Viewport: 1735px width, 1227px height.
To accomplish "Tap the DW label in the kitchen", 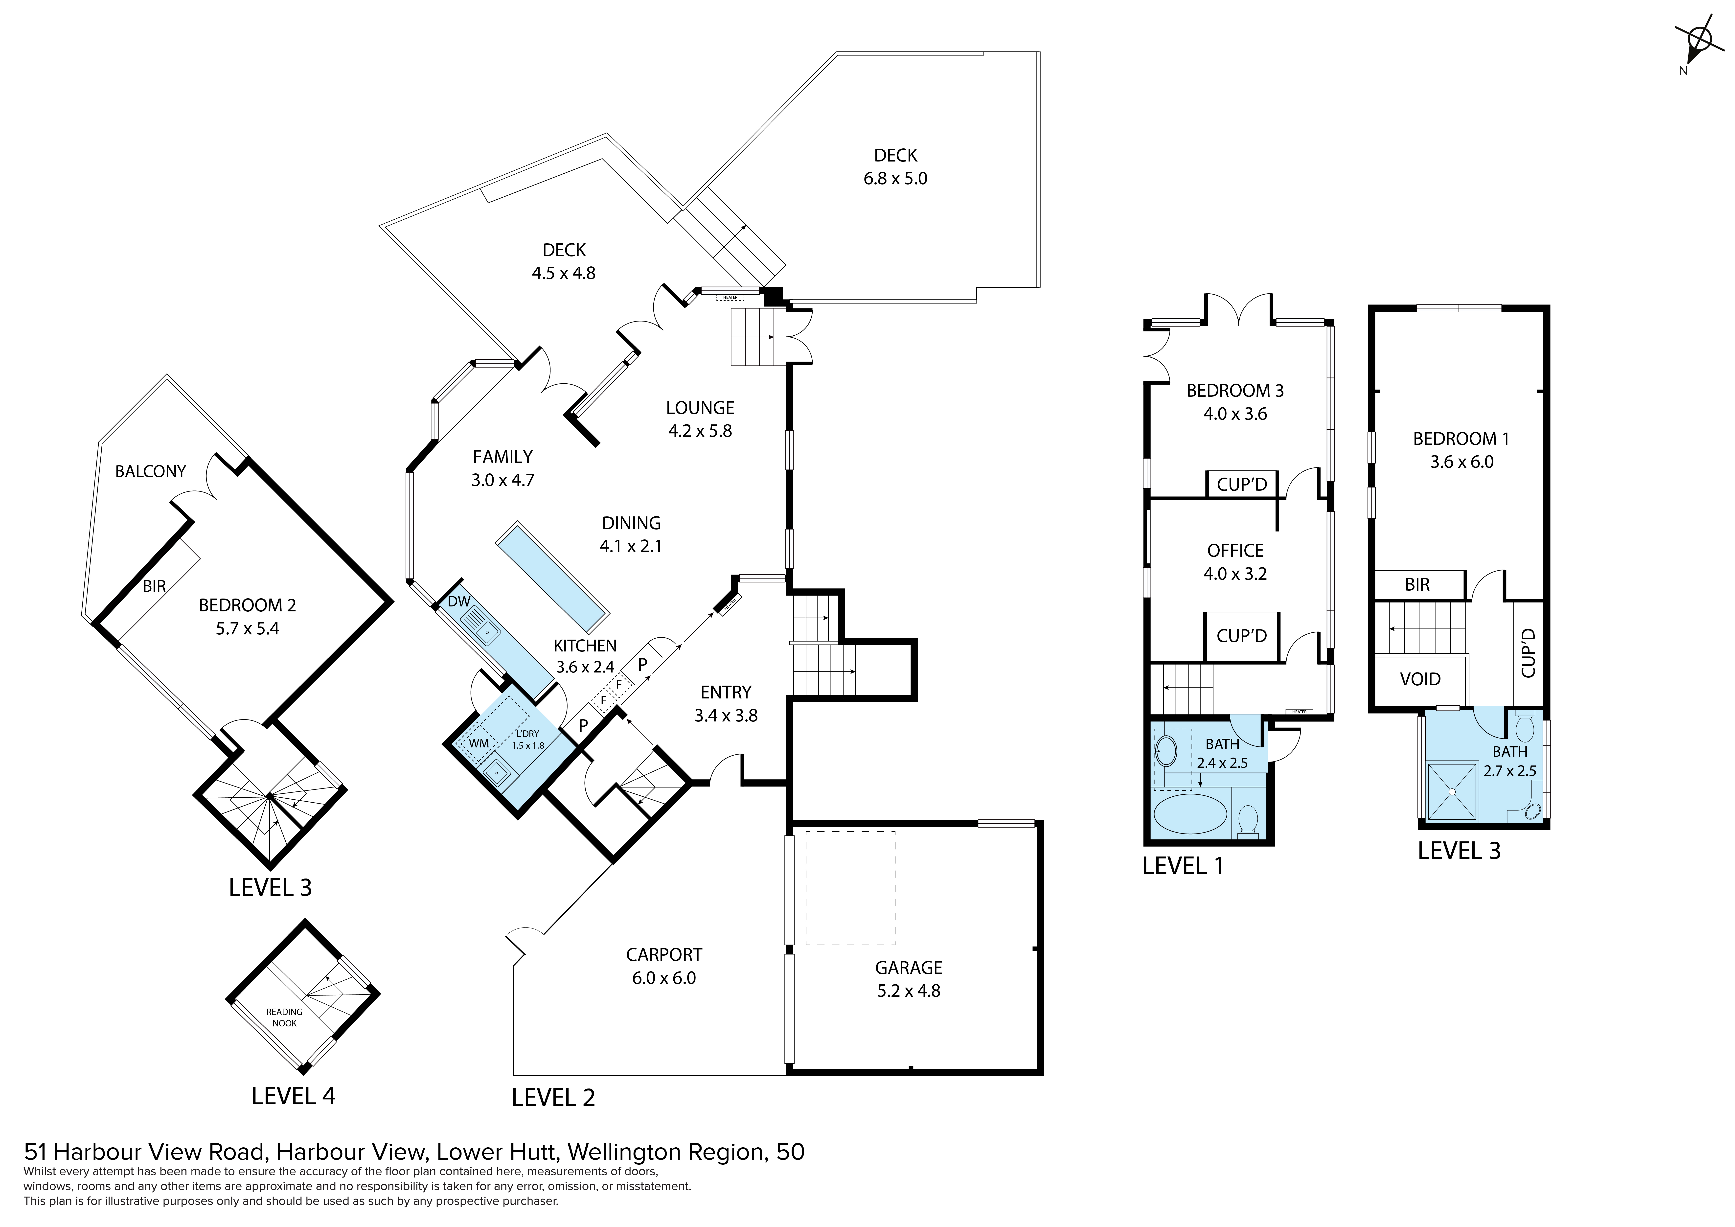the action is (459, 602).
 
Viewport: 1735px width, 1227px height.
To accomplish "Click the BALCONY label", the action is (150, 472).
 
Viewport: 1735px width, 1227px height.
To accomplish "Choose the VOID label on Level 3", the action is (1420, 679).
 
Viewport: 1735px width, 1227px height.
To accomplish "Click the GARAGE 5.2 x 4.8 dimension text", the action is (908, 991).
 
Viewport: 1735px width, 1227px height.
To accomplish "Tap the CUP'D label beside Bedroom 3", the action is (1242, 484).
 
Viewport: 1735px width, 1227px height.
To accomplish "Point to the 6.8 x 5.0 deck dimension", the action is (895, 178).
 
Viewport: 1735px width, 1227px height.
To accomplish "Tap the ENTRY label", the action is (726, 693).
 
